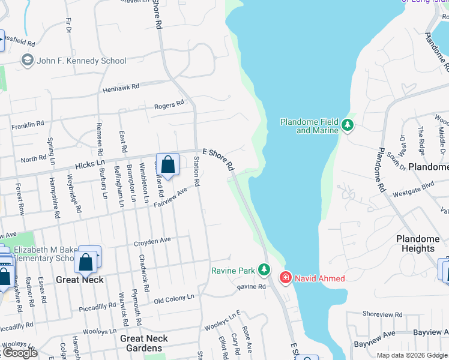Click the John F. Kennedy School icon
27,61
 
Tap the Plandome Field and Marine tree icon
347,125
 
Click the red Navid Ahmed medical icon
285,278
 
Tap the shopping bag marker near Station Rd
169,164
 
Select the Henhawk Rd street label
121,87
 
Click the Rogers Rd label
169,105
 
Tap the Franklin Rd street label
28,124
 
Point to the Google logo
19,352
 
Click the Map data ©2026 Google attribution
411,355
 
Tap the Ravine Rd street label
251,287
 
